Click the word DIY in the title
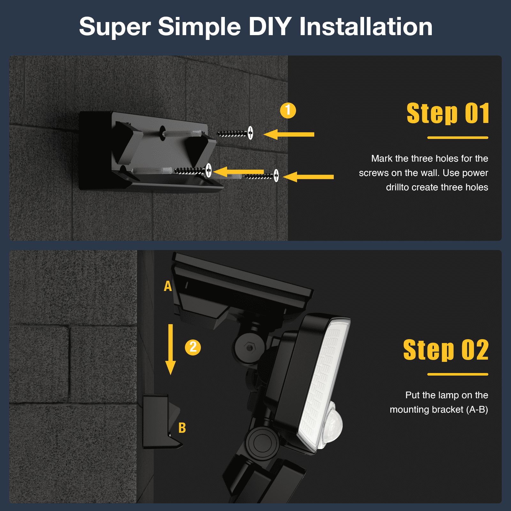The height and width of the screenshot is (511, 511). [270, 27]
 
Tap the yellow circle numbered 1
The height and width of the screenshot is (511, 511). [288, 111]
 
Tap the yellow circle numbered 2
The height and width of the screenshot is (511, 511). [193, 347]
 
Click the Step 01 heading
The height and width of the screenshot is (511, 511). [448, 113]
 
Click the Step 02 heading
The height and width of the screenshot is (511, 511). [446, 350]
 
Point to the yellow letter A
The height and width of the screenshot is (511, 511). [168, 286]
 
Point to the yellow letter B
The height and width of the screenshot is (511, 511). [182, 428]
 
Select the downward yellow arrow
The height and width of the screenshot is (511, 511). [171, 349]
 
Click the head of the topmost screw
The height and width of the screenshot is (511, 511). [250, 133]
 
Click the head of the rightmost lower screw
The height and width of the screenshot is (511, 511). [276, 175]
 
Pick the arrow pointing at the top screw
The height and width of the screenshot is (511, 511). [289, 134]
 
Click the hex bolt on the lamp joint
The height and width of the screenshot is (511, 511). [249, 347]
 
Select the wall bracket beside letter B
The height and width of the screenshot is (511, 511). [161, 422]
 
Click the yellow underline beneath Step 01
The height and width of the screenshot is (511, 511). [458, 138]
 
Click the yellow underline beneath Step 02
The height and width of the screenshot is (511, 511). [458, 374]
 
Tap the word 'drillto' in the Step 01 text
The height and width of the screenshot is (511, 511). [397, 187]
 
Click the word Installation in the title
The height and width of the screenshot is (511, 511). [366, 27]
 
